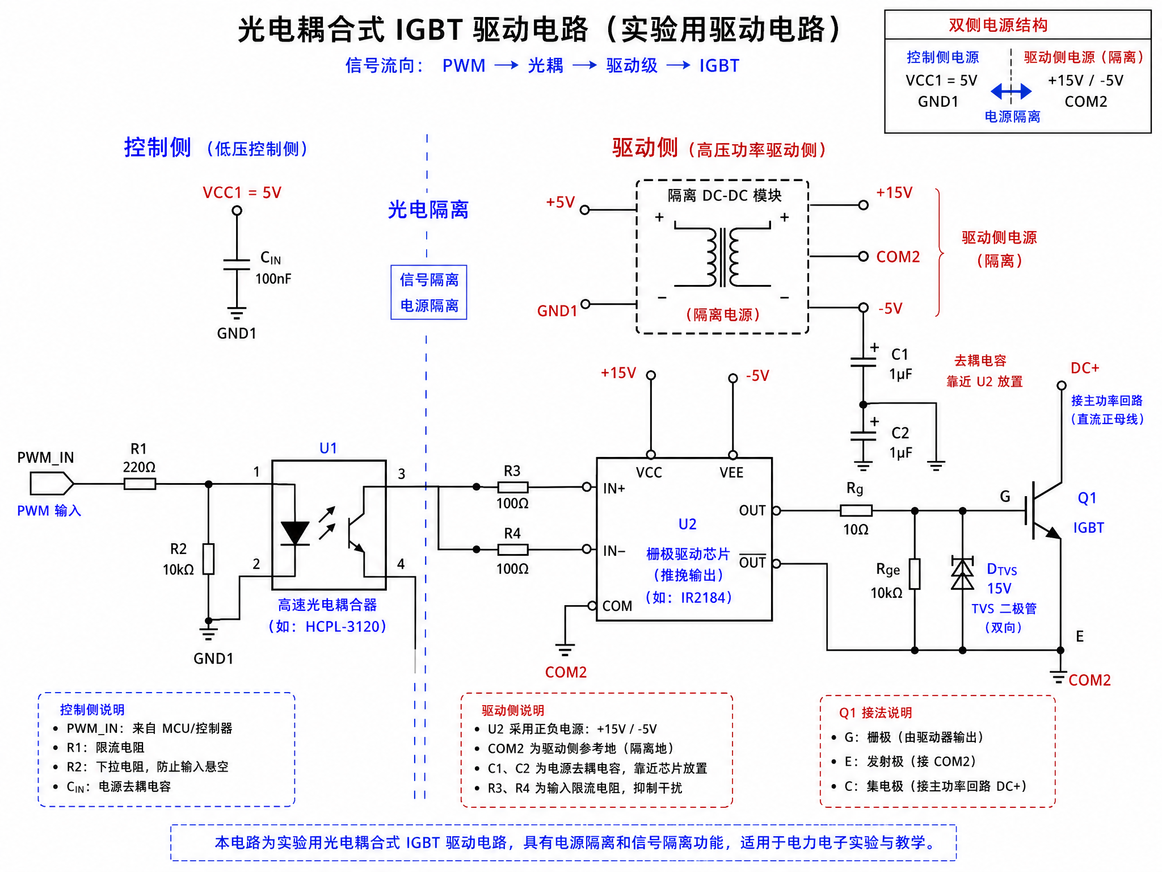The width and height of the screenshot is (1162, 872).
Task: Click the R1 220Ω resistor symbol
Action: click(140, 484)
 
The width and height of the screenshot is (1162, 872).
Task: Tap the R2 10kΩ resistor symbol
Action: click(209, 559)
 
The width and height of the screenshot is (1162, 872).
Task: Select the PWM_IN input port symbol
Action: click(52, 484)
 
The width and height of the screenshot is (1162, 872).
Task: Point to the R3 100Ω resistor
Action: click(513, 487)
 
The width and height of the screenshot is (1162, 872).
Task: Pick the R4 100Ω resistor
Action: click(513, 550)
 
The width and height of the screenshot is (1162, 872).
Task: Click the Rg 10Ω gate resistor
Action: click(856, 510)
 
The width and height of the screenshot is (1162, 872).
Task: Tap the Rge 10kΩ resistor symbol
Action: click(915, 574)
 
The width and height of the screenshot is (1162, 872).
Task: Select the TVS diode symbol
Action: click(962, 573)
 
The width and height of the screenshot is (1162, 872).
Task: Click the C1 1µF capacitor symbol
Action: click(863, 362)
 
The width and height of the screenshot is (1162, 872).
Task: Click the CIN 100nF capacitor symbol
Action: click(237, 265)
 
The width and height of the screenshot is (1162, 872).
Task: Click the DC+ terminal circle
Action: click(1061, 385)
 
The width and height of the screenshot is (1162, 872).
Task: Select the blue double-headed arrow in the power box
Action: click(1011, 91)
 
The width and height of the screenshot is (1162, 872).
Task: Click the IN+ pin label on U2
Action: click(614, 488)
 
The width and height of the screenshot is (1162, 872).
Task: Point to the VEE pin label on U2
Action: click(731, 472)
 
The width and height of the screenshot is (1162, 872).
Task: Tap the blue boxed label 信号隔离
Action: click(429, 280)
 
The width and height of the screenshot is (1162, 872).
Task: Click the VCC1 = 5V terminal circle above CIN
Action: click(237, 211)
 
